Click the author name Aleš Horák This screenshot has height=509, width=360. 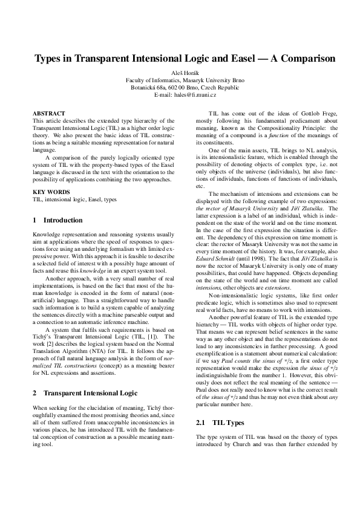[x=180, y=73]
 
